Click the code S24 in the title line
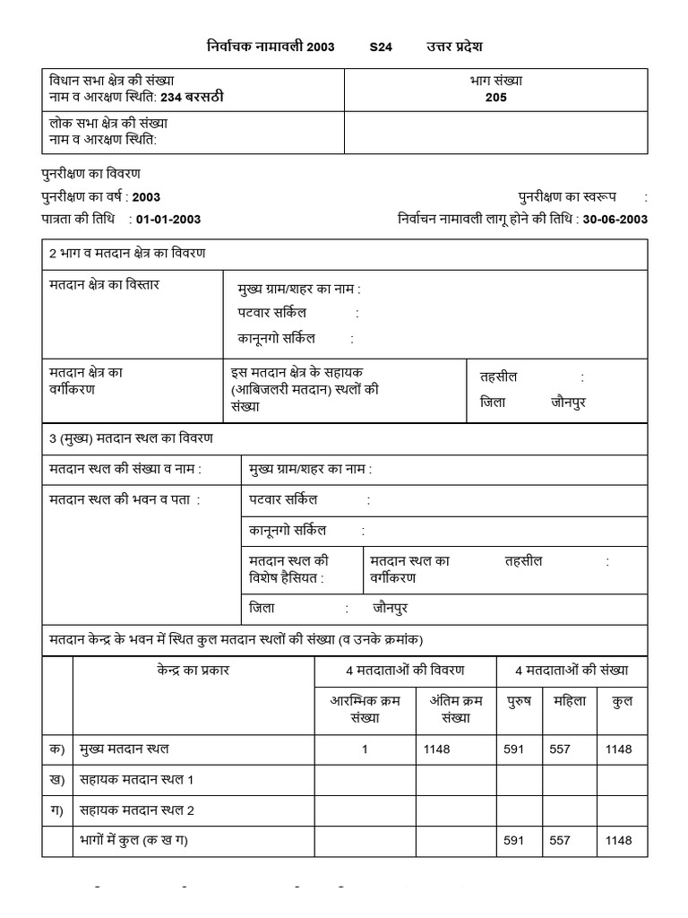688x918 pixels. tap(381, 47)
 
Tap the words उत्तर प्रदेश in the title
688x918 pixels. tap(454, 47)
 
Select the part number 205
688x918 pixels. tap(495, 97)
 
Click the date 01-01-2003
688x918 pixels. tap(168, 219)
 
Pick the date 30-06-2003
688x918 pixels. tap(615, 219)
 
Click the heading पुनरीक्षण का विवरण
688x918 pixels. tap(90, 173)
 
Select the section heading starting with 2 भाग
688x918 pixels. tap(127, 254)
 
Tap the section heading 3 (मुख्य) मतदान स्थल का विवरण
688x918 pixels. tap(131, 438)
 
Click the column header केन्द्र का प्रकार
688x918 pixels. tap(193, 670)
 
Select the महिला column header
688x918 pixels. tap(571, 701)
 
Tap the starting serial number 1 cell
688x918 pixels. tap(365, 749)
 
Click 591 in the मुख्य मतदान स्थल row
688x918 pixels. tap(513, 749)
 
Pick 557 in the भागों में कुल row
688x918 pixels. tap(560, 840)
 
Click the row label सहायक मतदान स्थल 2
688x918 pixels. tap(137, 810)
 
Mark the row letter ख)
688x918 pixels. tap(57, 780)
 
